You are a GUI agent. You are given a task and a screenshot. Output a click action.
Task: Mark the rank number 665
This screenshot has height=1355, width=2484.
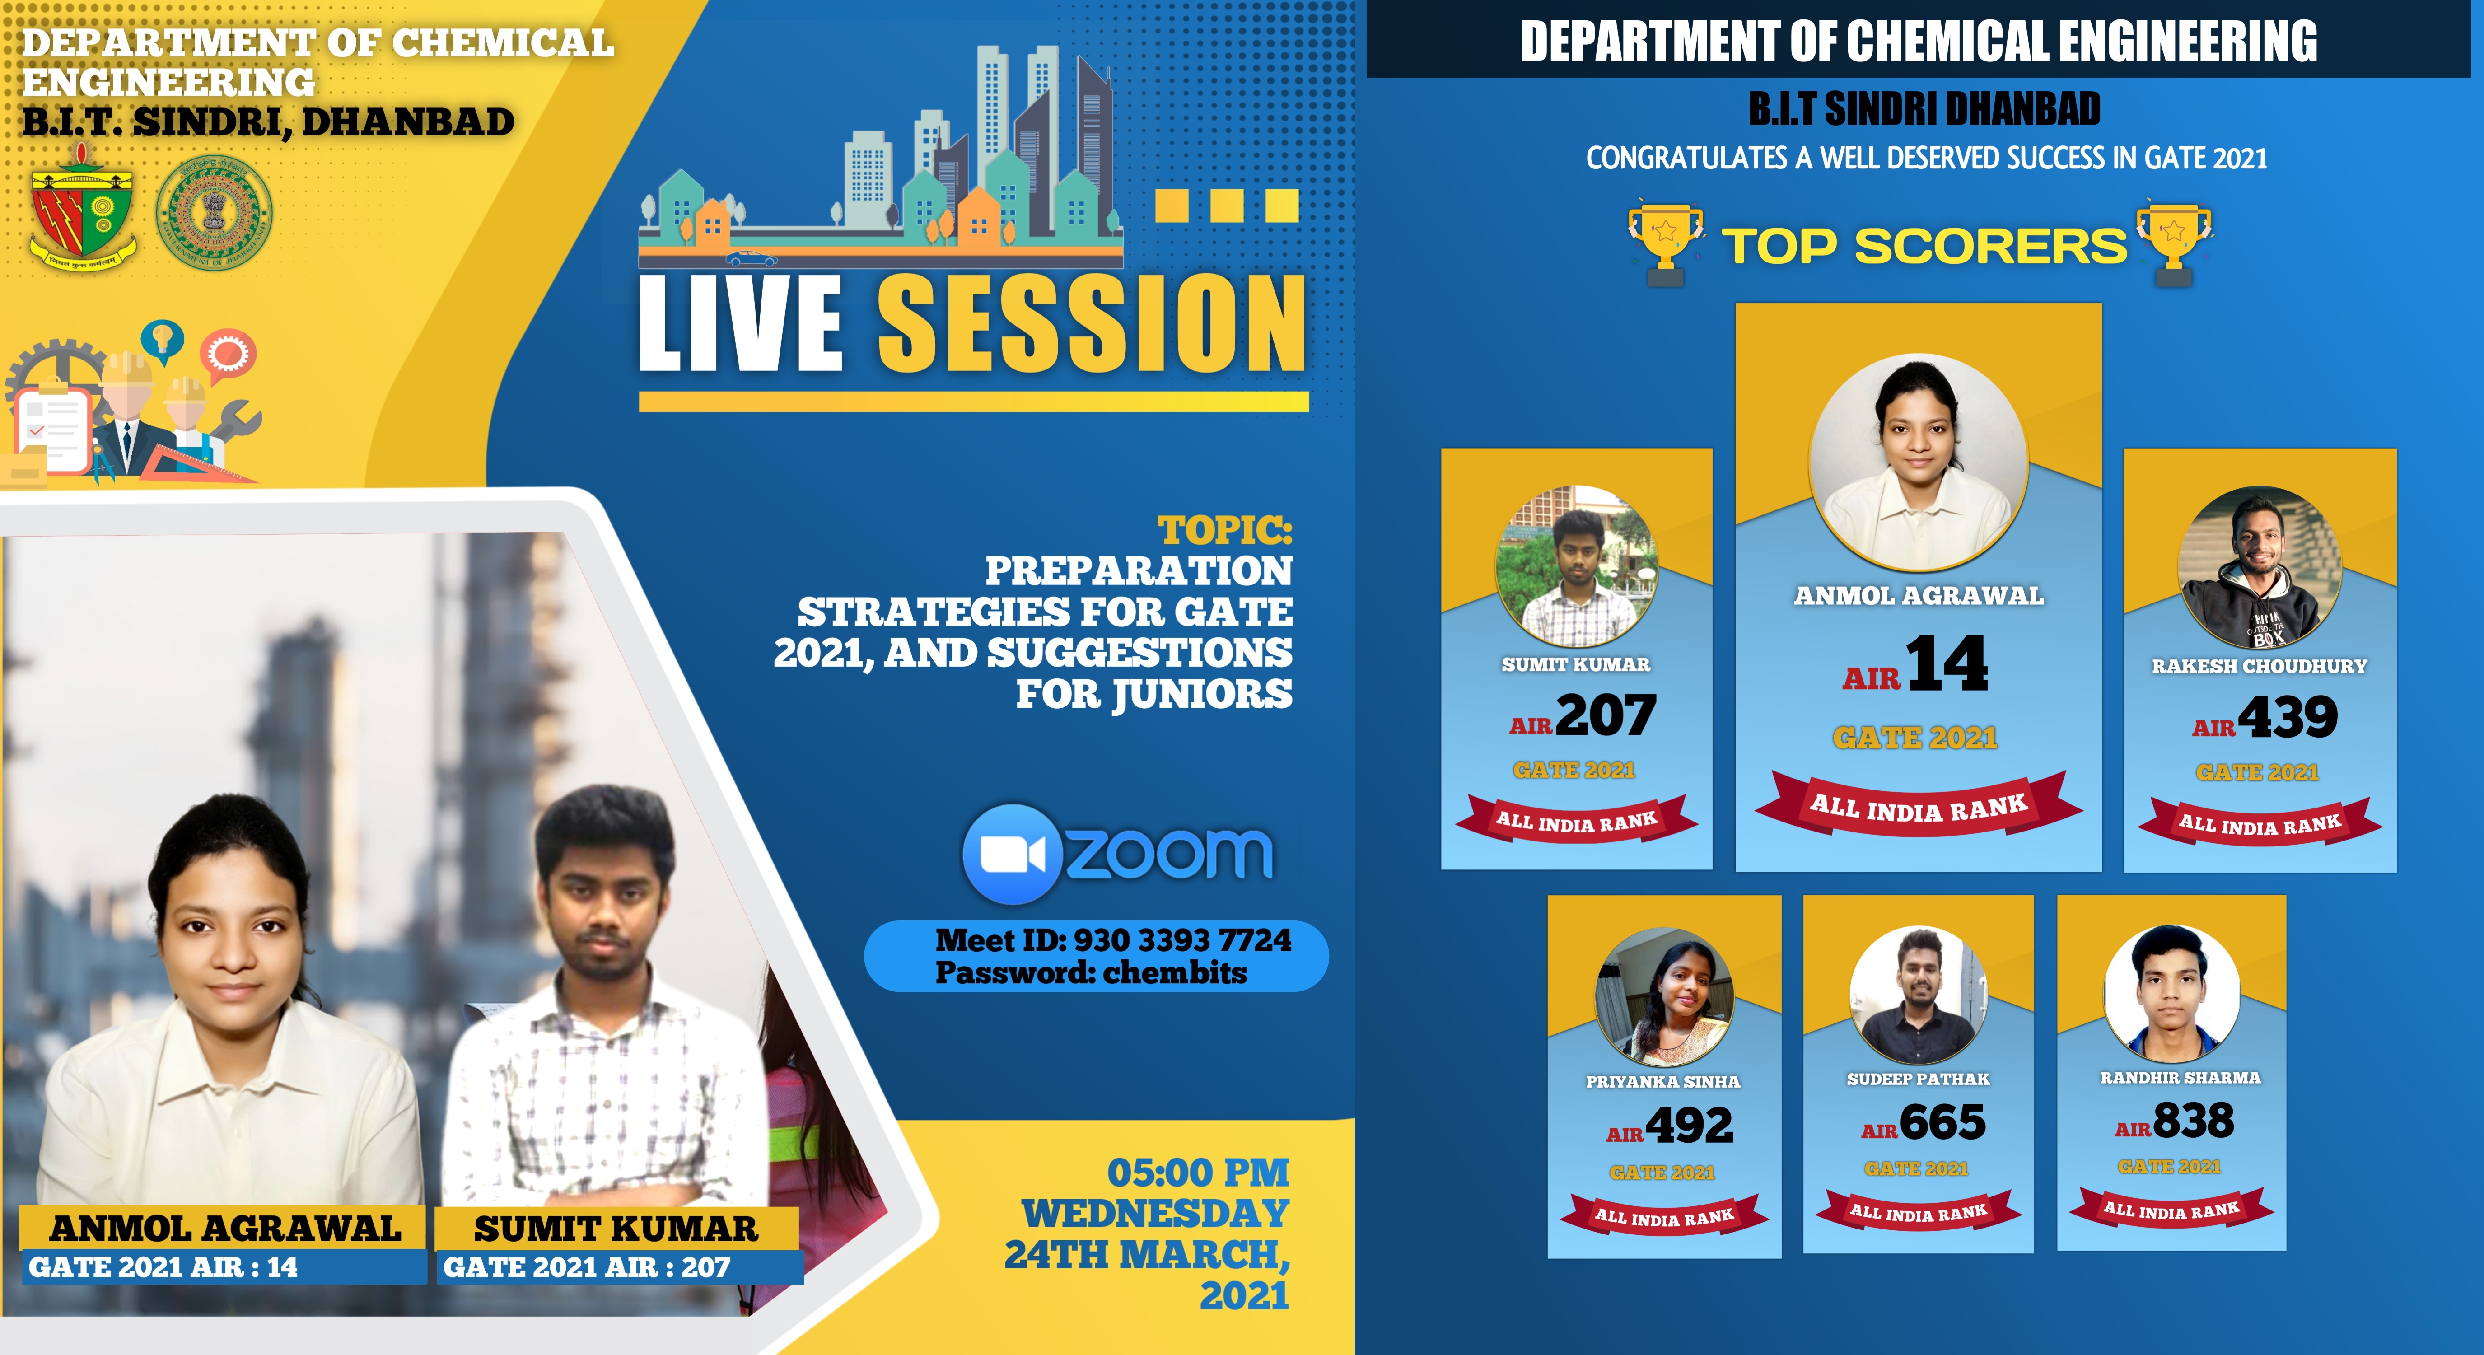point(1942,1121)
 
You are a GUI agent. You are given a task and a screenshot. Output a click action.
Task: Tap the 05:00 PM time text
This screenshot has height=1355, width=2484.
point(1198,1173)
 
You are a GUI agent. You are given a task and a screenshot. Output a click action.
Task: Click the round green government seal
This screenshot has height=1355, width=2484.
point(214,213)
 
